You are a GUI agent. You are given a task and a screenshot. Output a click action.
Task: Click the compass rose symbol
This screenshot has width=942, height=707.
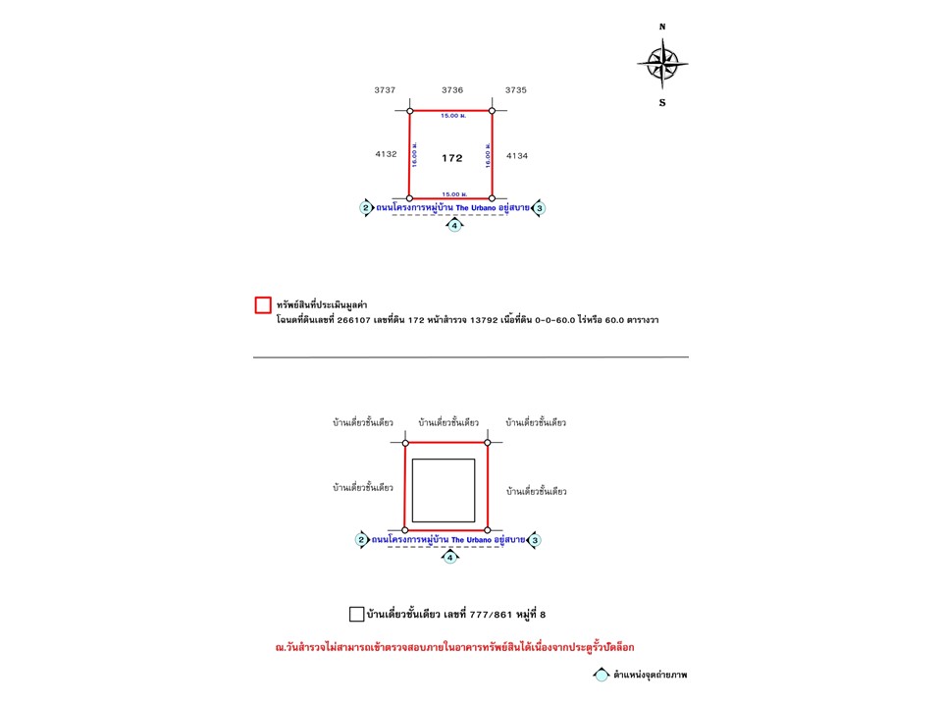point(662,64)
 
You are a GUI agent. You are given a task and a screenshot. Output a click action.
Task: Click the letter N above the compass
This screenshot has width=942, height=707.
point(662,27)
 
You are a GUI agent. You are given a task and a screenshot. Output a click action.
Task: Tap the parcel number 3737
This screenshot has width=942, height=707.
point(385,89)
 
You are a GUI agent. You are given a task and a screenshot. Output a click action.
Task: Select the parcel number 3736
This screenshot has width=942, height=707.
point(452,89)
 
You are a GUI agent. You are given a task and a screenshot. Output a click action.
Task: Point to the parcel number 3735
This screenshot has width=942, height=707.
point(516,89)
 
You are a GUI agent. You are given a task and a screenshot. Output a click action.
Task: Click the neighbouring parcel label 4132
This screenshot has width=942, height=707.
point(385,154)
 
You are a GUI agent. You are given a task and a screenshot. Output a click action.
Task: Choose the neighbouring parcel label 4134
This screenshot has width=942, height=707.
point(517,154)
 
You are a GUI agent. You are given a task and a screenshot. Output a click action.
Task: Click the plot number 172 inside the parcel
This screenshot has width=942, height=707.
point(451,157)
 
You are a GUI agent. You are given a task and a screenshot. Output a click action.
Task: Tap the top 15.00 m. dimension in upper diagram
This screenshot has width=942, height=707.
point(452,116)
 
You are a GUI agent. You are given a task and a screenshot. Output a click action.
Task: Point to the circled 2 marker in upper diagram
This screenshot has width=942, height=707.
point(365,208)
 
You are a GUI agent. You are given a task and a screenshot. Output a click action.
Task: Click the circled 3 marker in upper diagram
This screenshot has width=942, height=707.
point(540,208)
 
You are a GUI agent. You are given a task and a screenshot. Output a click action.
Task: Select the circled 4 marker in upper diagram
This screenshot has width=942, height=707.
point(453,225)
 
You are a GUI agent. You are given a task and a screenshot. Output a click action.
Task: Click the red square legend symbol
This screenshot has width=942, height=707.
point(263,305)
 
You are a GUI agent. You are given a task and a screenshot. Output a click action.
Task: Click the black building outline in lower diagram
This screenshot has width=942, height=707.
point(444,490)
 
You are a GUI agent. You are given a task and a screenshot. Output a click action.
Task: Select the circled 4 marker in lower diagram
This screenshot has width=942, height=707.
point(450,557)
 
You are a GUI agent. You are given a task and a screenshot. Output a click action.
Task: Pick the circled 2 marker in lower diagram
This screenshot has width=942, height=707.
point(361,540)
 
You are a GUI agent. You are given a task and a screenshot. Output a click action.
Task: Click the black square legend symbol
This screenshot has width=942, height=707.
point(356,615)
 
